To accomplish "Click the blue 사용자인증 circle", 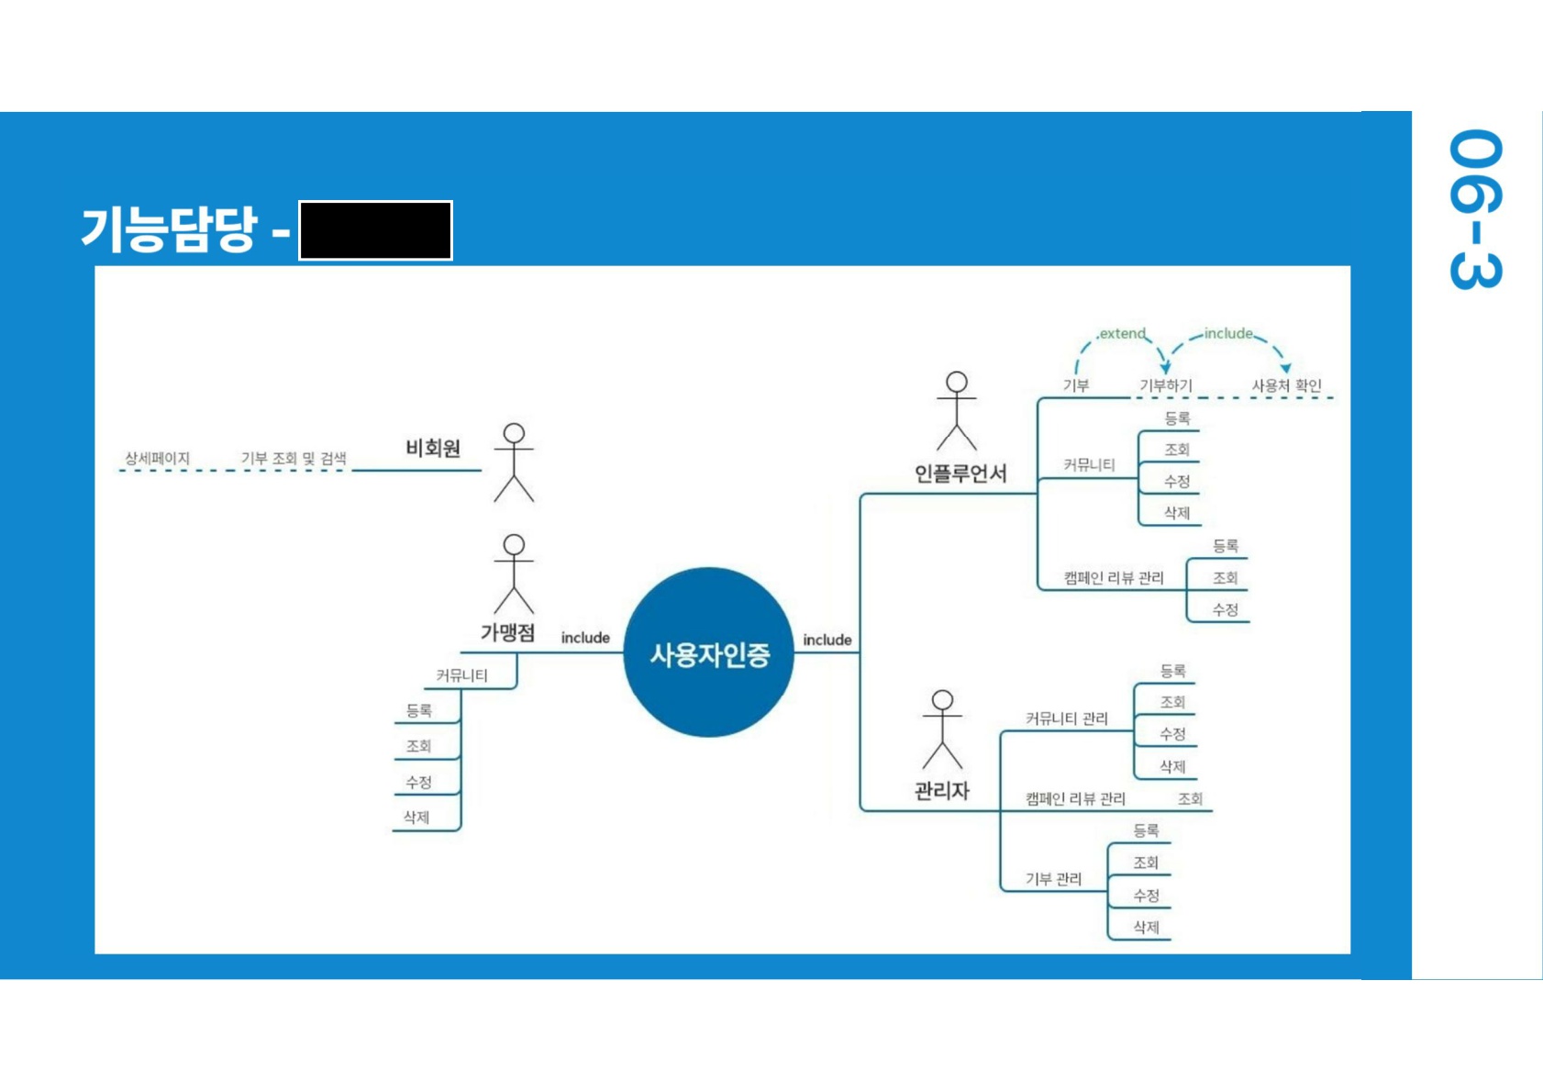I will tap(708, 652).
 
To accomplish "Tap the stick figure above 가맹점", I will tap(514, 574).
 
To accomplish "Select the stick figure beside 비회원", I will tap(514, 462).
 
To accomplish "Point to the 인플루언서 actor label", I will tap(960, 474).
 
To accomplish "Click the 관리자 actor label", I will tap(942, 790).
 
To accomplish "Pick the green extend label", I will tap(1122, 334).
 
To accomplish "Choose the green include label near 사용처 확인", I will tap(1228, 334).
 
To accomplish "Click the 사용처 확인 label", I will tap(1286, 386).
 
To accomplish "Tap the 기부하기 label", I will tap(1165, 386).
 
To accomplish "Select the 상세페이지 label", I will tap(157, 458).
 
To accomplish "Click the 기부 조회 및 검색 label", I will tap(294, 458).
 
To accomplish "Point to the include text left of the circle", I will tap(585, 638).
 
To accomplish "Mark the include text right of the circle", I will tap(827, 640).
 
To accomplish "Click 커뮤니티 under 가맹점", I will tap(461, 675).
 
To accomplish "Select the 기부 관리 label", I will tap(1053, 879).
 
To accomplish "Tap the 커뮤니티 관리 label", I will tap(1066, 719).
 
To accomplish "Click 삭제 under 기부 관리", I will tap(1146, 928).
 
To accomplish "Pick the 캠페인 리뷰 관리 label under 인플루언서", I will tap(1113, 577).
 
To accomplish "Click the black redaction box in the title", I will tap(375, 230).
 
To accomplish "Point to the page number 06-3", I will tap(1475, 209).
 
